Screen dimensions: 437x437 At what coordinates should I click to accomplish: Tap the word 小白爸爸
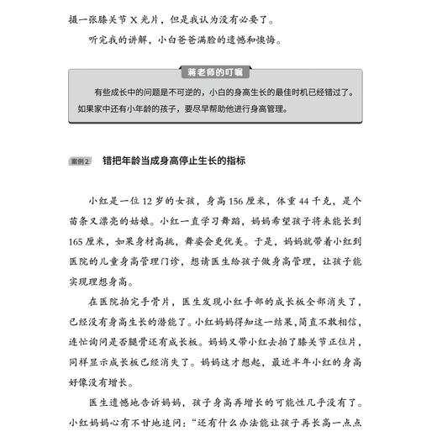(184, 39)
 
